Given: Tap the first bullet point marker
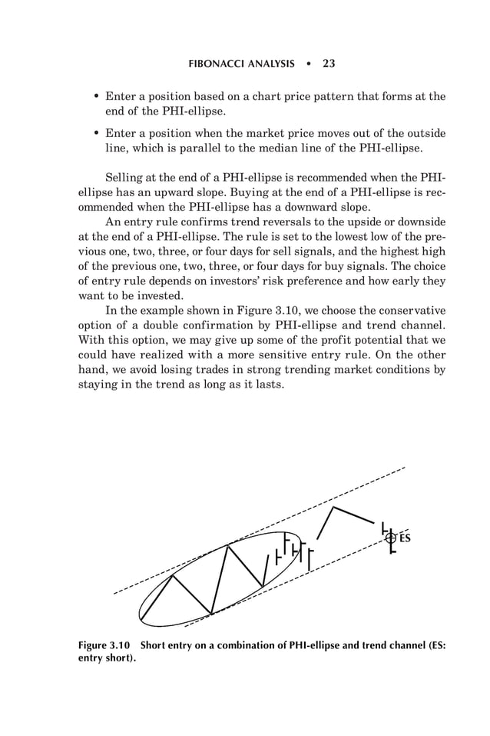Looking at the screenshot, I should click(95, 97).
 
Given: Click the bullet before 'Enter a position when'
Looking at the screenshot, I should click(95, 133).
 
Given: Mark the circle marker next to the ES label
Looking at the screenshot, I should click(391, 538).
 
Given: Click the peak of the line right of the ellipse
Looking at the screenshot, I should click(333, 508).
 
